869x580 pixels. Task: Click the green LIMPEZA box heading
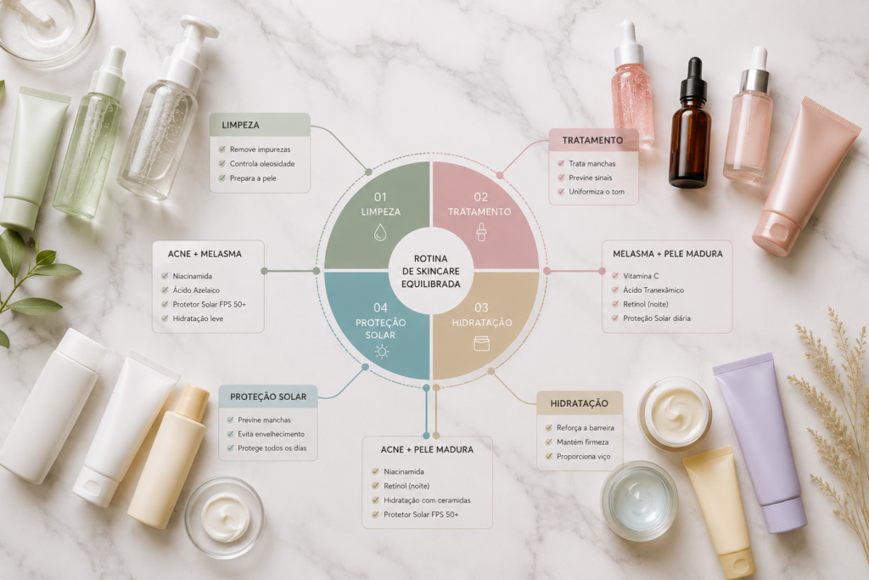[x=240, y=126]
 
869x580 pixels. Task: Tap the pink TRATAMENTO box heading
[x=592, y=140]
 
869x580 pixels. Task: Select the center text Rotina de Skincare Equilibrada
[x=430, y=271]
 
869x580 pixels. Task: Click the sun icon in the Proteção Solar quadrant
[x=381, y=351]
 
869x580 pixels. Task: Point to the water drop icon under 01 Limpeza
[x=380, y=232]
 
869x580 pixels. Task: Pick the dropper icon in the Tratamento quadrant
[x=480, y=232]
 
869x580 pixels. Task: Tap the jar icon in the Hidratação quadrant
[x=482, y=344]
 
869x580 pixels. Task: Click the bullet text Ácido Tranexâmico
[x=653, y=290]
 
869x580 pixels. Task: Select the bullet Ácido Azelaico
[x=196, y=290]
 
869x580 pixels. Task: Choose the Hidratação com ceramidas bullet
[x=428, y=500]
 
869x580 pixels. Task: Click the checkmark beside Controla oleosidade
[x=222, y=164]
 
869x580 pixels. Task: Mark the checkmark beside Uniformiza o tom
[x=561, y=192]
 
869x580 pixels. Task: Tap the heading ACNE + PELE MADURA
[x=428, y=450]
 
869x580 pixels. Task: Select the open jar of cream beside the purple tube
[x=675, y=414]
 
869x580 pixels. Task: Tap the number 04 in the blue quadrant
[x=380, y=307]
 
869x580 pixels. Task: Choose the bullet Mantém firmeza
[x=582, y=442]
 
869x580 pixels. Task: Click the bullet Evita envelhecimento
[x=271, y=434]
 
